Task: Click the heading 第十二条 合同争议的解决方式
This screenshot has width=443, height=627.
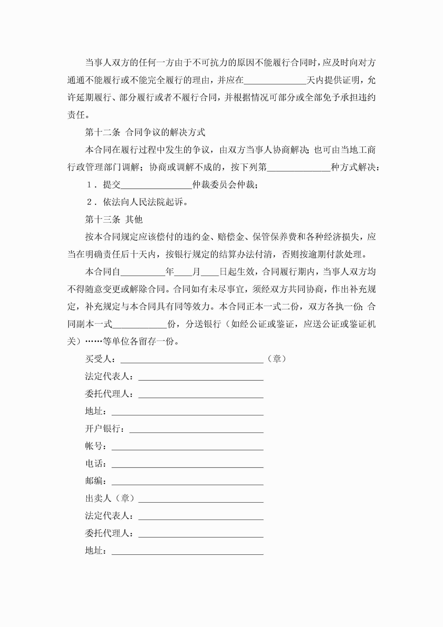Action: [x=145, y=132]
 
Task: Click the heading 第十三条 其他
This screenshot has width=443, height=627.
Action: [x=114, y=219]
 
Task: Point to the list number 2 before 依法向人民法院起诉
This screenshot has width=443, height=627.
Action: [x=89, y=202]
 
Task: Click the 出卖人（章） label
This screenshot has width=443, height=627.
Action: [x=110, y=498]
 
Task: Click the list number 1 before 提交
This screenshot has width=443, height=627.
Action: [x=89, y=185]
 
